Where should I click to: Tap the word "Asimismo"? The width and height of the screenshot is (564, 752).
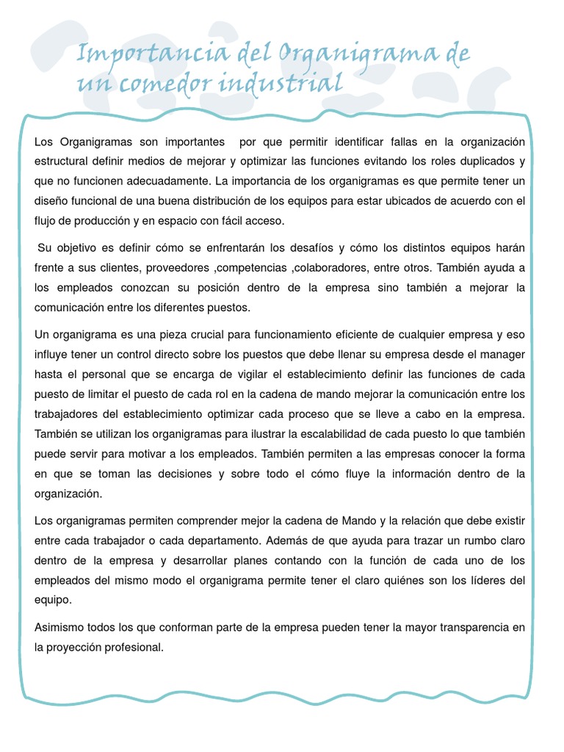pyautogui.click(x=60, y=628)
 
